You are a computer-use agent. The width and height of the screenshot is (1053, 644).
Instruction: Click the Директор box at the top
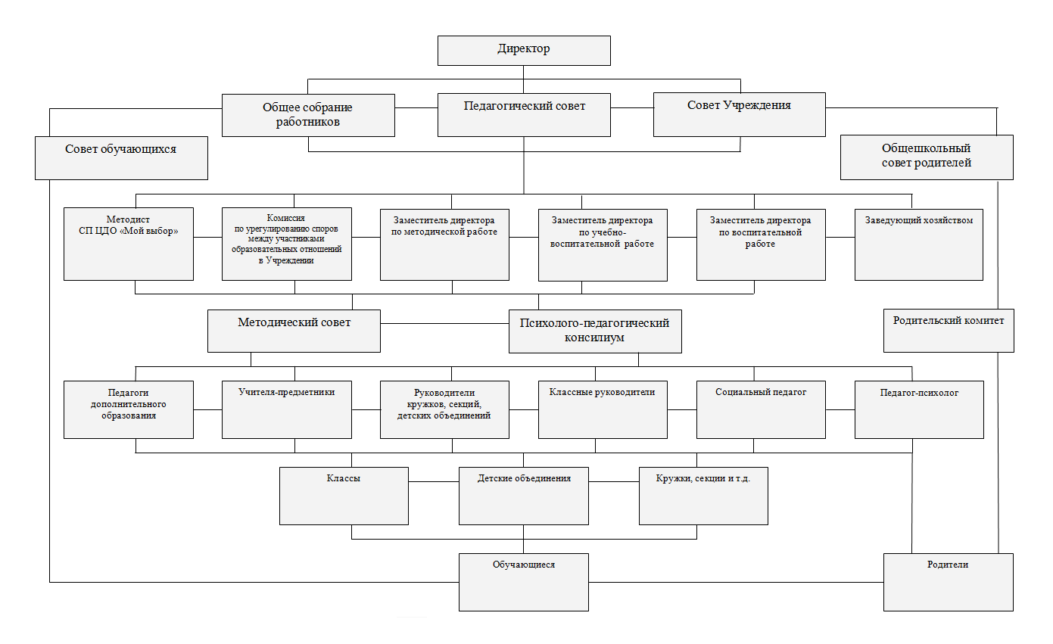[524, 50]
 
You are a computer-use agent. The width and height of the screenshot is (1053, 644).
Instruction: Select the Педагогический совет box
[524, 115]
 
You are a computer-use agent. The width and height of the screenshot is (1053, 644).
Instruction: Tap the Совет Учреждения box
[739, 115]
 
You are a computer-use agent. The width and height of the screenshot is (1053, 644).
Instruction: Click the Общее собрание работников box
[308, 115]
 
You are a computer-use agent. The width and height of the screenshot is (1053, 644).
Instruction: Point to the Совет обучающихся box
[121, 158]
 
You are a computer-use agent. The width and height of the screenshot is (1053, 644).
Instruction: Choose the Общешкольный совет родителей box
[927, 157]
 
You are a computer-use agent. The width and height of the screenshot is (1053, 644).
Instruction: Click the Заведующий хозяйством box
[918, 244]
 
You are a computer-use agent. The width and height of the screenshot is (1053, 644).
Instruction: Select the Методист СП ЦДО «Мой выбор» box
[129, 244]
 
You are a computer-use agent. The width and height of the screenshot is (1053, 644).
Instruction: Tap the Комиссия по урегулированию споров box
[287, 244]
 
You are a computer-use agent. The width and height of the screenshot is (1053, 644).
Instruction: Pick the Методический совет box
[294, 331]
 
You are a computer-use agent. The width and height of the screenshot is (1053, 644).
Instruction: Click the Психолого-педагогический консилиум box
[595, 331]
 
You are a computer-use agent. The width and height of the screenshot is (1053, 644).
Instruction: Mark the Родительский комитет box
[949, 331]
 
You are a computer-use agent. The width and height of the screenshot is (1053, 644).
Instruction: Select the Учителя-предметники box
[287, 409]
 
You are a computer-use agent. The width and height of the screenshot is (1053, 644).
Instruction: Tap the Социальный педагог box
[761, 409]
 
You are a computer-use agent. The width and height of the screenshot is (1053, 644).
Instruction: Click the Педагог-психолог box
[919, 409]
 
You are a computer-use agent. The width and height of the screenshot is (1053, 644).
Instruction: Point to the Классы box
[344, 496]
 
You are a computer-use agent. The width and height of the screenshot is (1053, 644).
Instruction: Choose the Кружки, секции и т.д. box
[703, 496]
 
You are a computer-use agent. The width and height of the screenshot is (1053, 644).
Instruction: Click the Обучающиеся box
[524, 582]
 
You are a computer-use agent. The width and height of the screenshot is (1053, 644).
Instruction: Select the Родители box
[949, 582]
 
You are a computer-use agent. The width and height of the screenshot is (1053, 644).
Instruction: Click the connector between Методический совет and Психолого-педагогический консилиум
[444, 323]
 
